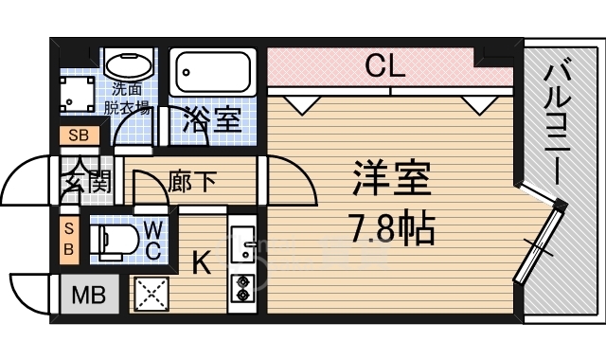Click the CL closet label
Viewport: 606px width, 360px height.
386,66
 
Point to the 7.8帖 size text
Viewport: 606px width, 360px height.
391,226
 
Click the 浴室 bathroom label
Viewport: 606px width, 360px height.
213,120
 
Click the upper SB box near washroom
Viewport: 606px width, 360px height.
78,135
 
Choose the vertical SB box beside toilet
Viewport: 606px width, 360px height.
69,237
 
